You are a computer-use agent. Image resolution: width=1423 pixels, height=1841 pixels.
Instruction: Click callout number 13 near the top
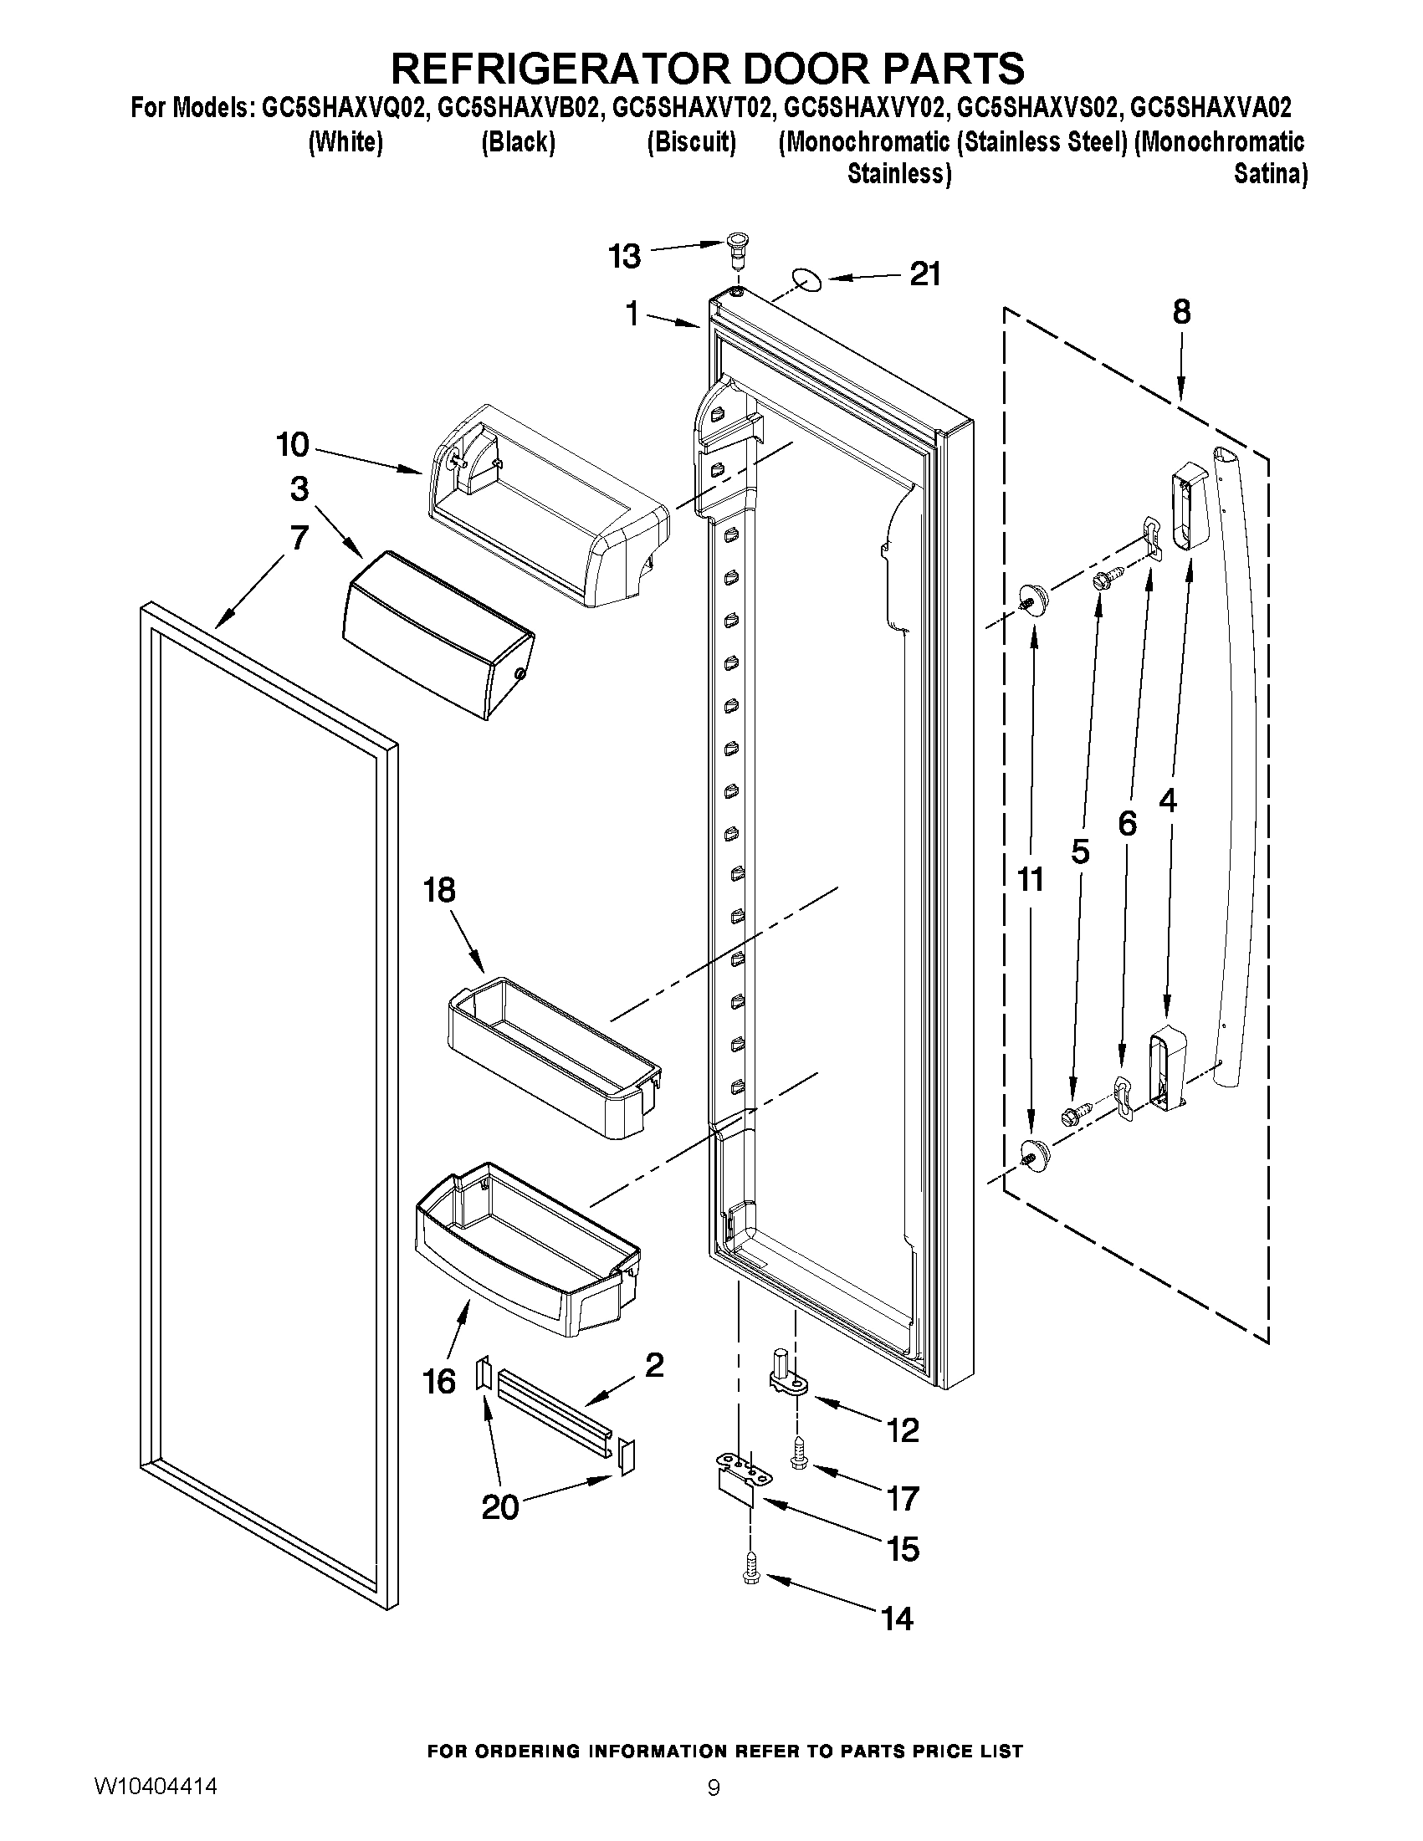625,256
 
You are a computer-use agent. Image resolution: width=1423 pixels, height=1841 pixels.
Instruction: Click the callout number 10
294,444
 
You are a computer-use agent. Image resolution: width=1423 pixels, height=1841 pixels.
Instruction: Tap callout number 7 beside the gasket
299,537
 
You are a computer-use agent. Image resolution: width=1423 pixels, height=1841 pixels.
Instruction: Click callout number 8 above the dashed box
1181,312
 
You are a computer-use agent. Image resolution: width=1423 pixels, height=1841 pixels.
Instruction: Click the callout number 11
1030,879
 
